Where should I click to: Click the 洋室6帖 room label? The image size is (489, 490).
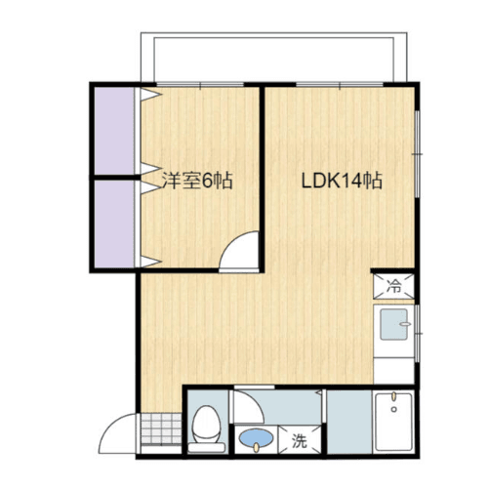click(x=196, y=181)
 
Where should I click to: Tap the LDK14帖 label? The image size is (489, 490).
click(x=341, y=181)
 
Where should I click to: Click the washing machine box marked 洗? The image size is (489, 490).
click(x=299, y=441)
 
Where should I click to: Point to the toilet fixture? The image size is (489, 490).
click(x=206, y=428)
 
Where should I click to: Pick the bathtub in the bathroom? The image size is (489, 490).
click(x=394, y=425)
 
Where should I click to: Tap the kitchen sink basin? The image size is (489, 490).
click(x=394, y=324)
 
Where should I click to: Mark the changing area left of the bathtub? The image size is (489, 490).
click(x=347, y=424)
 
